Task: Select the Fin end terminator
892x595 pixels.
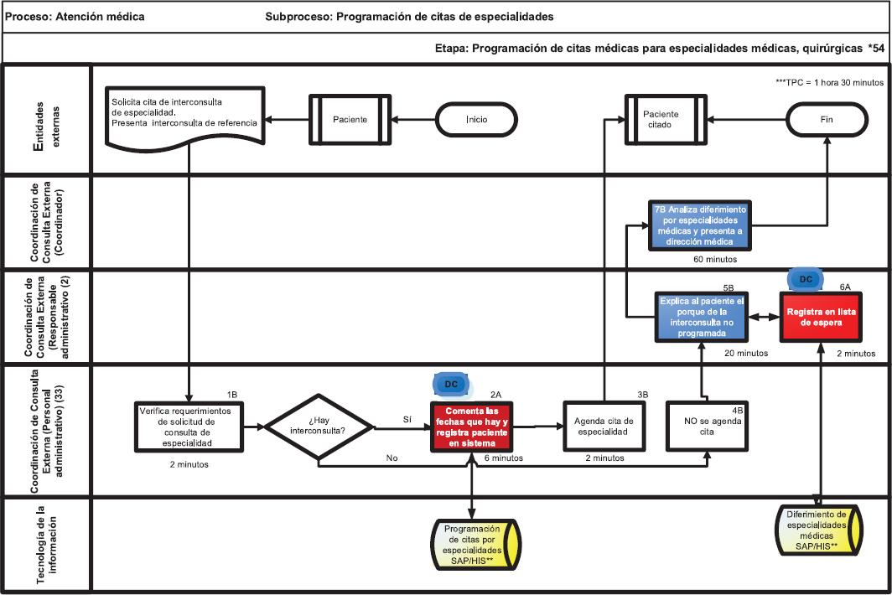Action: (827, 119)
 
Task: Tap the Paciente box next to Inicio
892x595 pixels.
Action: (350, 119)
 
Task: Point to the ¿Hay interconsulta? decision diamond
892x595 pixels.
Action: (320, 427)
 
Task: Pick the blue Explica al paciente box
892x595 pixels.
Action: (702, 315)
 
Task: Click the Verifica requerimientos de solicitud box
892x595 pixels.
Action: (188, 427)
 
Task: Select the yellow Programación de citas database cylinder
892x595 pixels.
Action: (473, 545)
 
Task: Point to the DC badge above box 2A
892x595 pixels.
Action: (450, 384)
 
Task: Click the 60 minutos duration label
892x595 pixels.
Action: (715, 259)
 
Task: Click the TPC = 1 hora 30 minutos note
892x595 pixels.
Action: (830, 81)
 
